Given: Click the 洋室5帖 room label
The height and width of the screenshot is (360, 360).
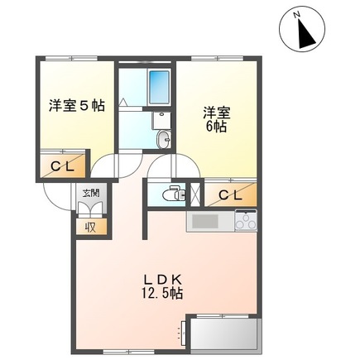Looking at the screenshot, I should point(75,105).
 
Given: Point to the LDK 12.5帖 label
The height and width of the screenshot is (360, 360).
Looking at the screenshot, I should point(169,286).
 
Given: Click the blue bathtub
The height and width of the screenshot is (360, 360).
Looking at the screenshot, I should point(158,85).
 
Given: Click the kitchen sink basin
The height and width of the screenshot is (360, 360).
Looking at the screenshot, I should point(204,222).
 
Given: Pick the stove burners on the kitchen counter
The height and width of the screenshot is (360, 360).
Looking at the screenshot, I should point(246,221).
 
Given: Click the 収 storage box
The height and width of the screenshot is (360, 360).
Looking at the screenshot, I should point(88,226).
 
